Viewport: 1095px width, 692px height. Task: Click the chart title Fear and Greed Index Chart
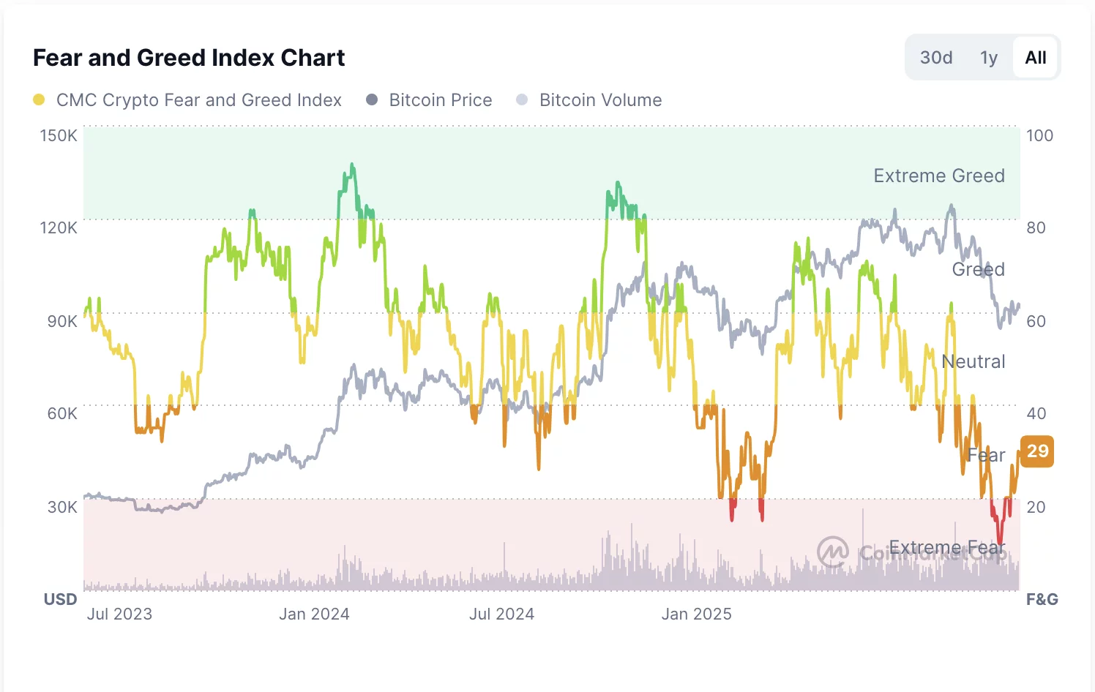(x=189, y=58)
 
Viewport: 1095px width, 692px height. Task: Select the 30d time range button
(x=936, y=58)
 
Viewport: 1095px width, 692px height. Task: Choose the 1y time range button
(x=989, y=58)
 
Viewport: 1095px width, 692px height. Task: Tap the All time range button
(x=1036, y=58)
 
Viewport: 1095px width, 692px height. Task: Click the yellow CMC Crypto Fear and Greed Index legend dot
(x=39, y=100)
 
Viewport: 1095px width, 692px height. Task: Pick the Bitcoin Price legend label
(x=440, y=100)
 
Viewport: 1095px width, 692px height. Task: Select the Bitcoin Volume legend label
(x=600, y=100)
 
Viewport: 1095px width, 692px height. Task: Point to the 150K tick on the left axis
(x=59, y=135)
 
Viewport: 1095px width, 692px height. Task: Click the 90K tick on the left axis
(x=61, y=321)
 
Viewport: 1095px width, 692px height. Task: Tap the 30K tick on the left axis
(x=61, y=507)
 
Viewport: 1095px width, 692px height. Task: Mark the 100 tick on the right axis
(x=1039, y=135)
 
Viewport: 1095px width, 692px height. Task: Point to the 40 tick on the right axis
(x=1036, y=413)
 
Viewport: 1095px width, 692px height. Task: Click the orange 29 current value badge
(x=1037, y=451)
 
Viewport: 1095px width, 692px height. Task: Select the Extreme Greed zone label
(x=939, y=176)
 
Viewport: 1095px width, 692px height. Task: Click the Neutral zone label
(x=973, y=361)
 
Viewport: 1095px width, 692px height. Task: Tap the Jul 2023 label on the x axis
(x=119, y=614)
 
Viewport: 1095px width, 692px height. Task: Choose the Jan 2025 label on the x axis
(x=696, y=614)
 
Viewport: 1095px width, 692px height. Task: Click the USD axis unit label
(x=60, y=599)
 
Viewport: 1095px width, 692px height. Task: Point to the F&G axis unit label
(x=1042, y=599)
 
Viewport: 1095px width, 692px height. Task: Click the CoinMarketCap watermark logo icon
(x=833, y=552)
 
